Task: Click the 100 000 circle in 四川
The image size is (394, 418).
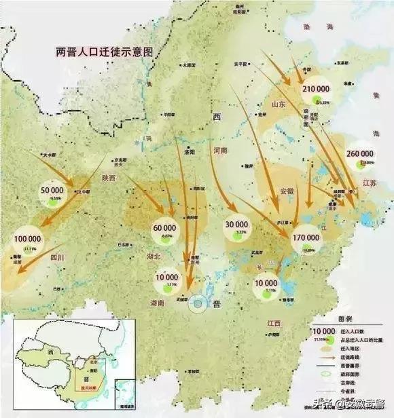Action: point(27,241)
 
